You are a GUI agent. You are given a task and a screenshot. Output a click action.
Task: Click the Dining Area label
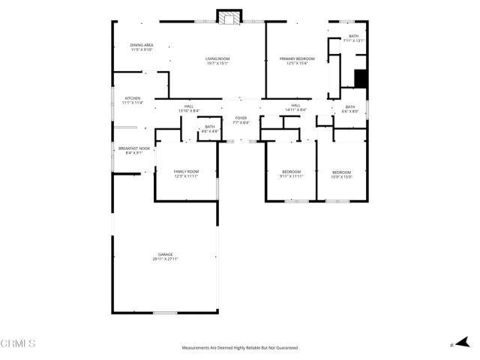pyautogui.click(x=142, y=47)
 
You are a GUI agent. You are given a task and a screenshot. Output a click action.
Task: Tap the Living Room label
pyautogui.click(x=217, y=61)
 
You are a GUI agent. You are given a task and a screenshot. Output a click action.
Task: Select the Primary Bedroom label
pyautogui.click(x=297, y=61)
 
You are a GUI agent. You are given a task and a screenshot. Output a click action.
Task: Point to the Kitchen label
pyautogui.click(x=133, y=100)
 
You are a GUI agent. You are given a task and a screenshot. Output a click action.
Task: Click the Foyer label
pyautogui.click(x=241, y=120)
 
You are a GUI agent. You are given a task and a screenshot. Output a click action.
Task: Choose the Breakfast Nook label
pyautogui.click(x=134, y=151)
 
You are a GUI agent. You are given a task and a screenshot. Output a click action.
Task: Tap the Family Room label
pyautogui.click(x=186, y=174)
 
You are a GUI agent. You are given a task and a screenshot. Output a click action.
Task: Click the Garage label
pyautogui.click(x=165, y=256)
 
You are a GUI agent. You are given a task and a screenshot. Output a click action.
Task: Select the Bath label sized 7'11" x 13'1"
pyautogui.click(x=352, y=38)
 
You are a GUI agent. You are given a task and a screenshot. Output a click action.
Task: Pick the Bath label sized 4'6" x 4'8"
pyautogui.click(x=210, y=128)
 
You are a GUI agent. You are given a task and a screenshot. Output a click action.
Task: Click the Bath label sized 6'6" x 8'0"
pyautogui.click(x=350, y=109)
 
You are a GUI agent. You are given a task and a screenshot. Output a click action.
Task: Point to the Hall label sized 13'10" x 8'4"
pyautogui.click(x=189, y=108)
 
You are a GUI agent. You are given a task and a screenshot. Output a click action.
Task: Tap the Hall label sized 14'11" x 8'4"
pyautogui.click(x=295, y=107)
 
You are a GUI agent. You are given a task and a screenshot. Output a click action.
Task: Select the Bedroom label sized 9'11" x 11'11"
pyautogui.click(x=291, y=174)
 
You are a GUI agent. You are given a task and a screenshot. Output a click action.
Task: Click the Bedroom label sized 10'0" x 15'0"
pyautogui.click(x=341, y=175)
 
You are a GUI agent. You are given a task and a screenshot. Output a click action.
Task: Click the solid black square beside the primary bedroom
pyautogui.click(x=360, y=78)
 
